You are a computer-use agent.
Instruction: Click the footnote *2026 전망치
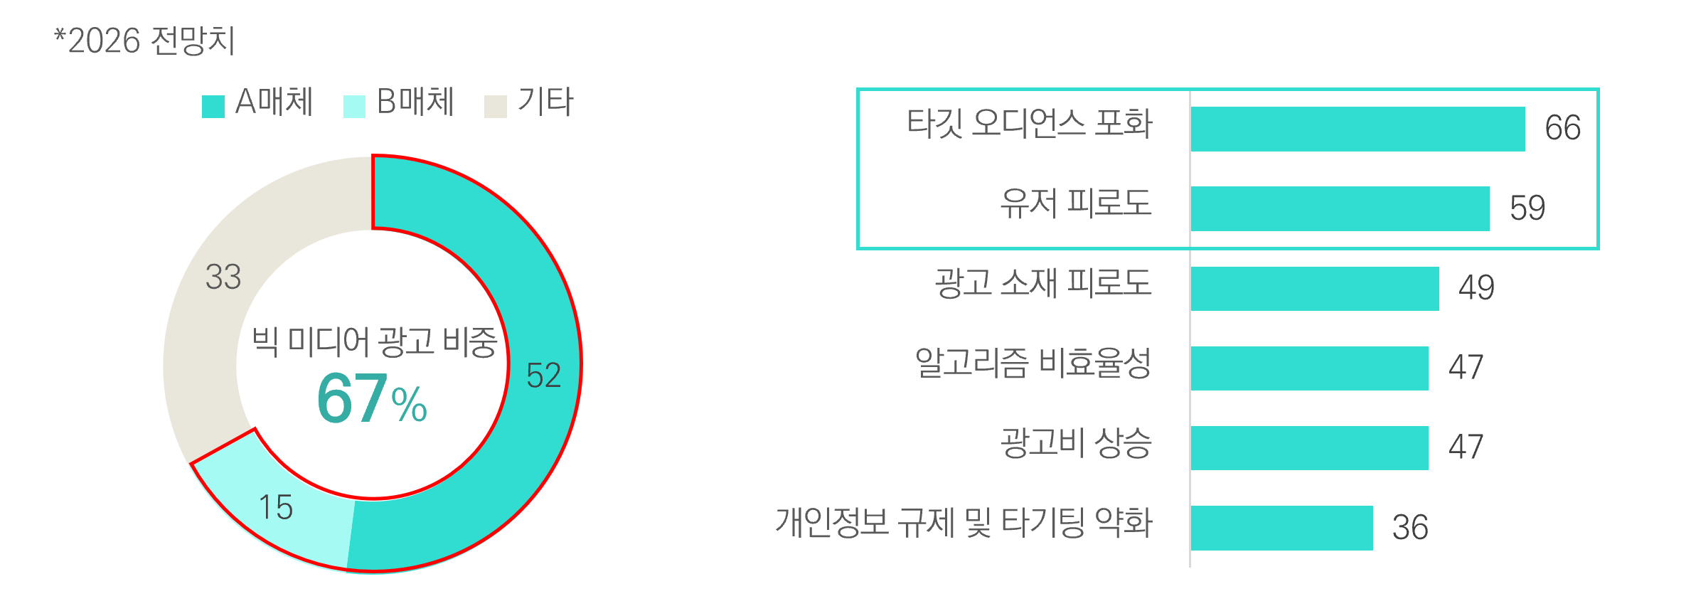[144, 41]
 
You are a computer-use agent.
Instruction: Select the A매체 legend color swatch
[213, 107]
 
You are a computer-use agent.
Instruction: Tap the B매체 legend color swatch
[354, 107]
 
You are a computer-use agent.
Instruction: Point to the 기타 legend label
[545, 102]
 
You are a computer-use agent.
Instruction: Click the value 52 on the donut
[544, 376]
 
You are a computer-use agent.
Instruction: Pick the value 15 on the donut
[276, 508]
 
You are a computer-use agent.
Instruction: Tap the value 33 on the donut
[223, 277]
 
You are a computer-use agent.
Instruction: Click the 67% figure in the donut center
[372, 399]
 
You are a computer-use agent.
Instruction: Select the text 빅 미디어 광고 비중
[375, 342]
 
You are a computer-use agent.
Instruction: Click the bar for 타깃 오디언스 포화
[1358, 129]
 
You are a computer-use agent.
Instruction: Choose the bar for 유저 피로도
[1340, 209]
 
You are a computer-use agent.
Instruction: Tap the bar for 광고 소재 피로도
[1315, 289]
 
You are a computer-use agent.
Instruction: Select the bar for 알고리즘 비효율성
[1310, 368]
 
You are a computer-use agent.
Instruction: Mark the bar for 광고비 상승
[1310, 448]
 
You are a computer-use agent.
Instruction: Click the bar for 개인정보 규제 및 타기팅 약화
[1282, 528]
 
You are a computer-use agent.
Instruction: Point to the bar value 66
[1563, 128]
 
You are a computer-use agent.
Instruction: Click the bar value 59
[1527, 208]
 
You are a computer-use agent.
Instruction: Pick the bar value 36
[1410, 528]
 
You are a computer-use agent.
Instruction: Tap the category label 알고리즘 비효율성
[1033, 363]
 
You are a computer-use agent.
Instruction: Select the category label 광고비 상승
[1076, 442]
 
